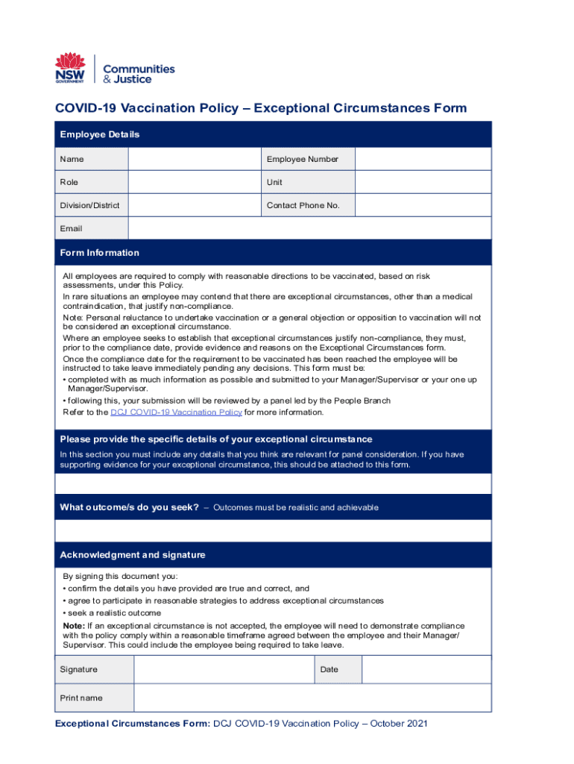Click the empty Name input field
195,159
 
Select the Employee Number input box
423,159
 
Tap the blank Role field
195,182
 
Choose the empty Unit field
423,182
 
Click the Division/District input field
195,205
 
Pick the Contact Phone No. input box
423,205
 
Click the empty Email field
309,228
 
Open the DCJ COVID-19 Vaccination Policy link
176,412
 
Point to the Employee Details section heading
100,135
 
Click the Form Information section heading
100,253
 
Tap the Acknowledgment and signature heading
133,555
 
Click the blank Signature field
223,669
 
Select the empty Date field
426,669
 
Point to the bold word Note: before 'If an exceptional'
74,625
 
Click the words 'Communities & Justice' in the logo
138,74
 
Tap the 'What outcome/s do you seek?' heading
129,507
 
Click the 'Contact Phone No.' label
303,205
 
